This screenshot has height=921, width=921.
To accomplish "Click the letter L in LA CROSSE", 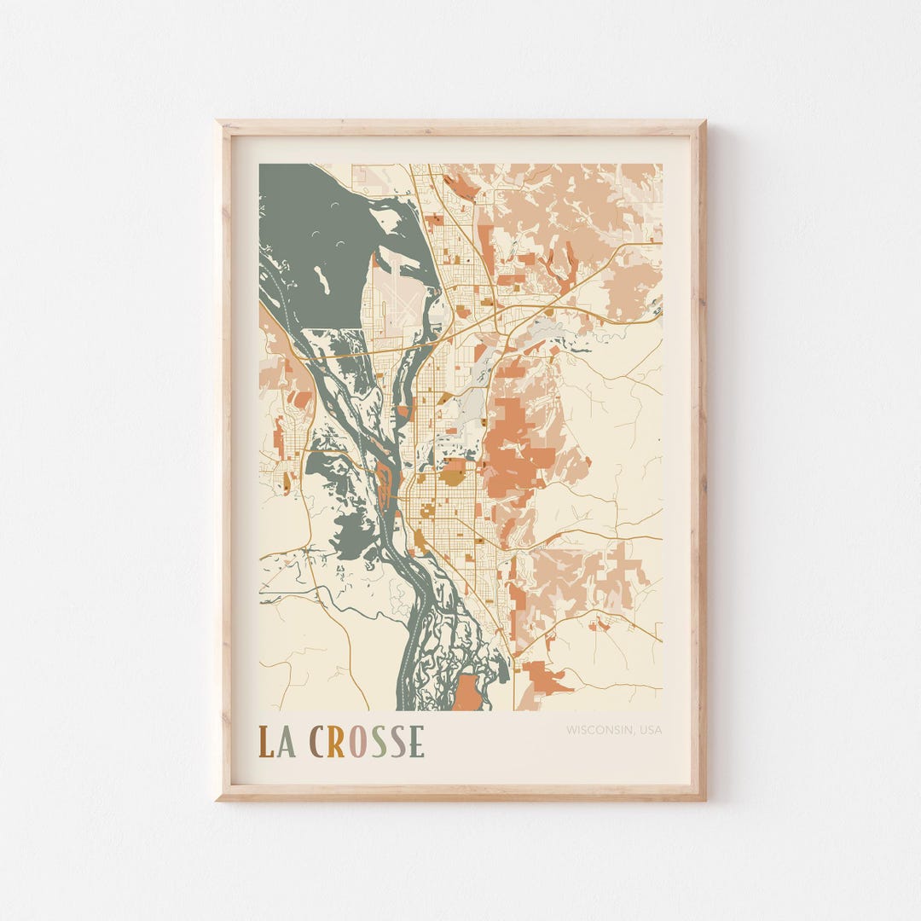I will click(x=266, y=742).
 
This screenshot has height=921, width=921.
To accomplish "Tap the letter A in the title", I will click(x=287, y=742).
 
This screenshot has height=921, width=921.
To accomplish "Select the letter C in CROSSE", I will click(x=316, y=742).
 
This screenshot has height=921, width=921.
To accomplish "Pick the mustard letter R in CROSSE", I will click(x=336, y=742).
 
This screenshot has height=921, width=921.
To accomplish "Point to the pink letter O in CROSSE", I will click(x=357, y=742).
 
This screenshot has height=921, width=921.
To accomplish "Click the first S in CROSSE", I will click(x=378, y=742).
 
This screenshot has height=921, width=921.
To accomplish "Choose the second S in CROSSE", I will click(x=397, y=742).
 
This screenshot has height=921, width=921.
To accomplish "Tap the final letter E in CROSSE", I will click(x=416, y=742).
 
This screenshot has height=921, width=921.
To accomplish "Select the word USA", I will click(x=649, y=730).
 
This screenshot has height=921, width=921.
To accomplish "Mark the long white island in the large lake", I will click(x=321, y=279).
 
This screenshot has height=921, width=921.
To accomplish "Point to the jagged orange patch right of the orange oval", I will click(x=542, y=678).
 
